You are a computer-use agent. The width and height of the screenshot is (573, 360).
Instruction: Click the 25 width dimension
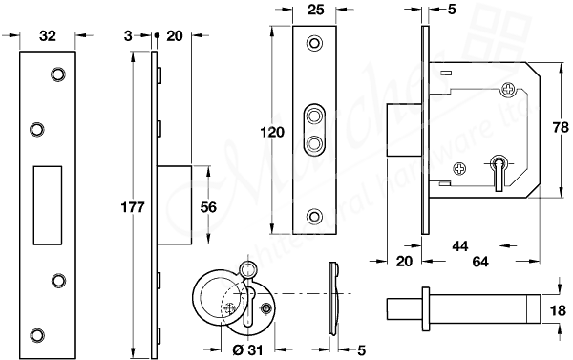315,13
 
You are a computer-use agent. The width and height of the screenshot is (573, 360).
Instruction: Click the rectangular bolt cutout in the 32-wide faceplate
46,202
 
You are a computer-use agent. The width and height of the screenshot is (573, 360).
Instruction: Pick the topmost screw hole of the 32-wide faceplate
57,74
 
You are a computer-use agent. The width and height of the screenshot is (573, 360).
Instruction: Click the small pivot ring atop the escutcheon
250,269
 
